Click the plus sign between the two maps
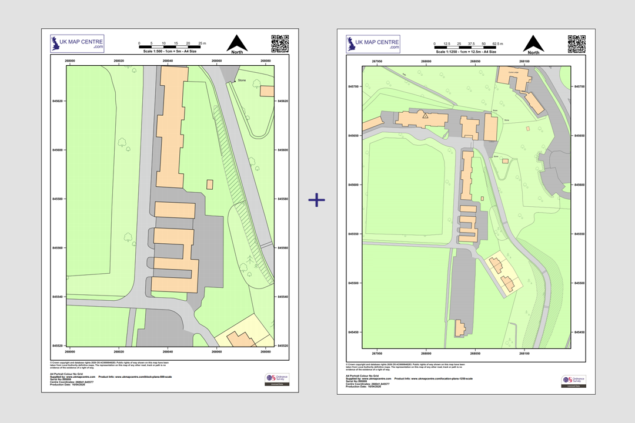(x=316, y=200)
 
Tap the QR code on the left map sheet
(x=280, y=43)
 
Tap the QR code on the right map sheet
(x=576, y=44)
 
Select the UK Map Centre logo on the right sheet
(x=373, y=44)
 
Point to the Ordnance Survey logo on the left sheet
(x=276, y=380)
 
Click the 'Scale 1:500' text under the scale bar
(x=170, y=52)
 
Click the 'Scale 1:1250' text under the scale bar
(x=468, y=52)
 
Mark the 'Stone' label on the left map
(x=242, y=80)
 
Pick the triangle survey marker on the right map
(x=425, y=116)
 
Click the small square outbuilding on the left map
(x=210, y=184)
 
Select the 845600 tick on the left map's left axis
(x=58, y=150)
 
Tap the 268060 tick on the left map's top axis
(x=217, y=61)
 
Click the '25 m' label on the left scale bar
(x=202, y=44)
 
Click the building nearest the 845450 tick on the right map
(x=460, y=327)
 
